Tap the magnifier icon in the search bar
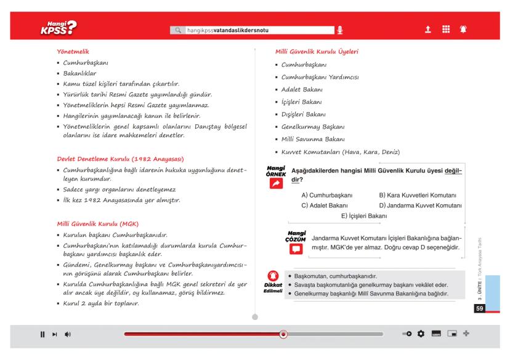[179, 29]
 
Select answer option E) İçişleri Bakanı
[363, 215]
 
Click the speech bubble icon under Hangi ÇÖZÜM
[297, 249]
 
